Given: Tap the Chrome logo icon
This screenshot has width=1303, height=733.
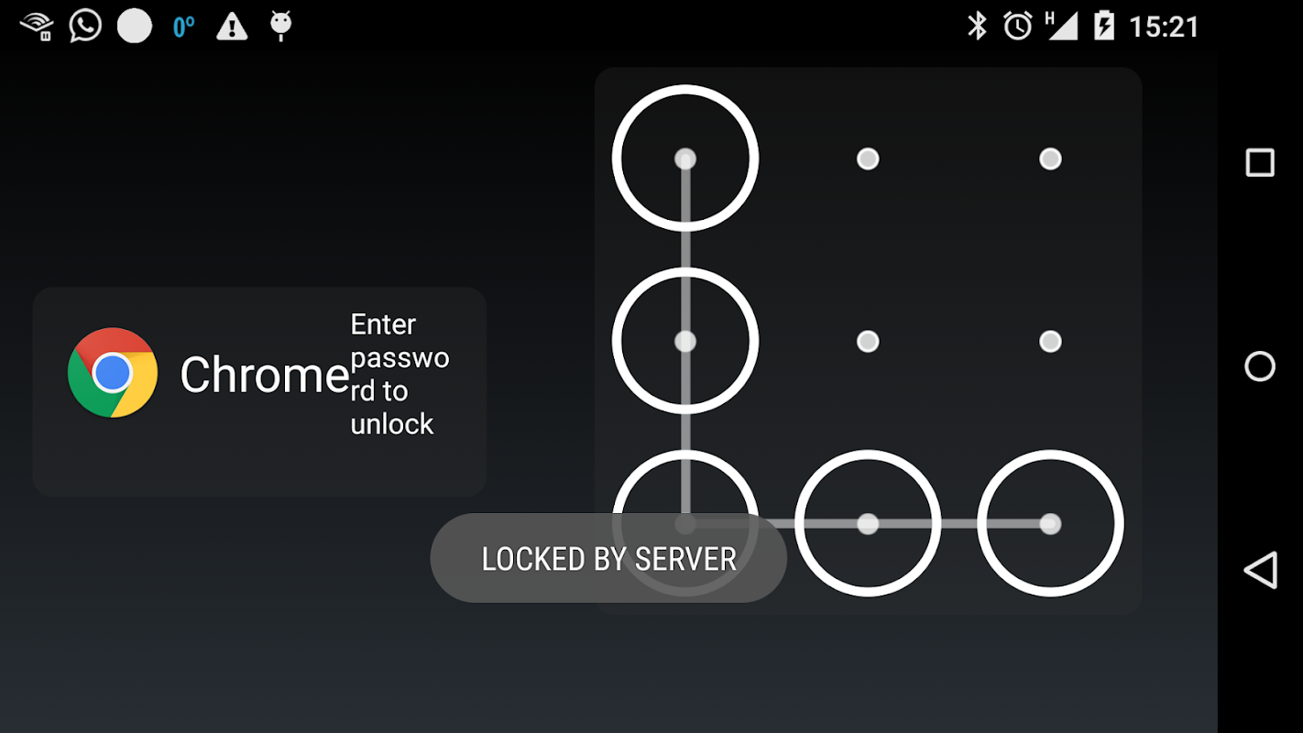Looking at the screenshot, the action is tap(113, 372).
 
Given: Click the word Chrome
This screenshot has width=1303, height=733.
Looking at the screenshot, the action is tap(265, 375).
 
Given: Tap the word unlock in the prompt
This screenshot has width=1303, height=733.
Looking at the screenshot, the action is tap(392, 424).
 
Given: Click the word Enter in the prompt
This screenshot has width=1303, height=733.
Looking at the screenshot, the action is tap(383, 324).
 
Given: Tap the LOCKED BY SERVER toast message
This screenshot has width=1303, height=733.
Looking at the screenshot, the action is tap(608, 559).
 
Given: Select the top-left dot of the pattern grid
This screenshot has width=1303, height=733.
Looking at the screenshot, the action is tap(685, 159).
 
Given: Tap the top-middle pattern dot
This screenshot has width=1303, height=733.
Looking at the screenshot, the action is tap(868, 159).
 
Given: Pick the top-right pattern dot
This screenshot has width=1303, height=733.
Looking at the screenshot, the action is tap(1050, 159).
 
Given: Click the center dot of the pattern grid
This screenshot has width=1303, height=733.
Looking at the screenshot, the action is tap(868, 342).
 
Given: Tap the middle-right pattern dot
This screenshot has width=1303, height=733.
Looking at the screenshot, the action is tap(1050, 342).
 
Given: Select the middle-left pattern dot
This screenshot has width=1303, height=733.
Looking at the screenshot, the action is tap(685, 342).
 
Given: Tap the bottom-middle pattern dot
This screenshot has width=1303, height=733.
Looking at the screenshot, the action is tap(868, 524).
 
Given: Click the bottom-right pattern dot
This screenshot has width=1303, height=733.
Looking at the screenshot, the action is tap(1050, 524).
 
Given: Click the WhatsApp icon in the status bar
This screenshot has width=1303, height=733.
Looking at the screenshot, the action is tap(85, 26).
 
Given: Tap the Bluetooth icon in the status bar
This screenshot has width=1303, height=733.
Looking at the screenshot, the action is tap(977, 27).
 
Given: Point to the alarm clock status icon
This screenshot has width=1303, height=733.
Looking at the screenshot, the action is tap(1018, 27).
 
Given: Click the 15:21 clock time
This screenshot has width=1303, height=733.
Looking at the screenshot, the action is tap(1164, 27).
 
